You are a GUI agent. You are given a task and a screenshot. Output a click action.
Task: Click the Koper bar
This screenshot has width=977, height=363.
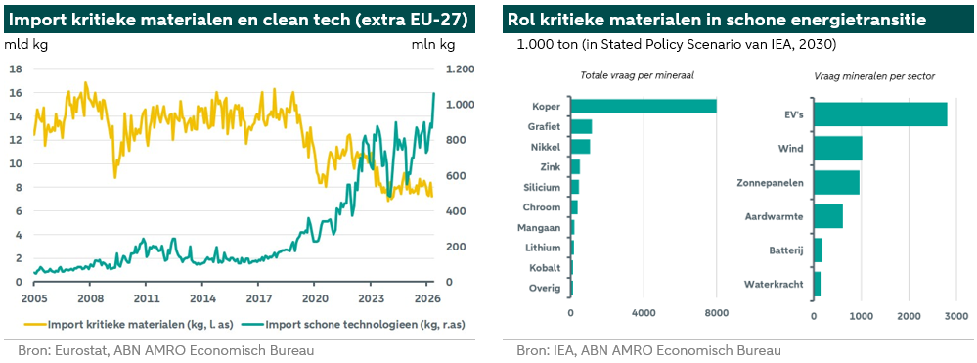(x=644, y=106)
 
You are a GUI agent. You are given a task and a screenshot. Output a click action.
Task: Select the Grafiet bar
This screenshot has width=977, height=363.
(x=581, y=126)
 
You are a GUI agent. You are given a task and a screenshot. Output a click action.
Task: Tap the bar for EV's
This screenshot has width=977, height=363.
(x=880, y=114)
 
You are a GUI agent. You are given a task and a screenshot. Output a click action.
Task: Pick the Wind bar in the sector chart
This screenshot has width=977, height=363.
(x=838, y=149)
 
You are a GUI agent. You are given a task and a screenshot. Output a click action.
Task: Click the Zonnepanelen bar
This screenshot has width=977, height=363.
(x=837, y=182)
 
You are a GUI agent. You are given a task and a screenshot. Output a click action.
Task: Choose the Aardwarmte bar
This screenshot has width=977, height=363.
(x=828, y=216)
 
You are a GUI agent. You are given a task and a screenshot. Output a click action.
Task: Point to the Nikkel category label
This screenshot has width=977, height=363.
(x=546, y=147)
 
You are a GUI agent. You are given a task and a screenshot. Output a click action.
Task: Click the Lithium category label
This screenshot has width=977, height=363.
(x=544, y=248)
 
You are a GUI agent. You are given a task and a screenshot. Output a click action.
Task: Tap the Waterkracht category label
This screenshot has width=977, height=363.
(x=774, y=285)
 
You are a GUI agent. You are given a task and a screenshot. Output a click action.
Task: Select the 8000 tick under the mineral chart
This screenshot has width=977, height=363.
(x=717, y=312)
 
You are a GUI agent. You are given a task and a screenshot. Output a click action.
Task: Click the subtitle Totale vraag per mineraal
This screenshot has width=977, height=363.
(x=637, y=75)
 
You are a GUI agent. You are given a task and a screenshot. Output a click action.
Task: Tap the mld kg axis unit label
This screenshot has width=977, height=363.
(x=25, y=45)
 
